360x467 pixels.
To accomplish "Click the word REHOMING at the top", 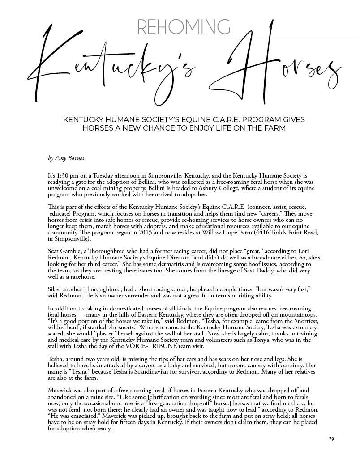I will (184, 27).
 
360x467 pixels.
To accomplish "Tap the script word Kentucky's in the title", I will (112, 67).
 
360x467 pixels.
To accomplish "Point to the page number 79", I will (331, 439).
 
